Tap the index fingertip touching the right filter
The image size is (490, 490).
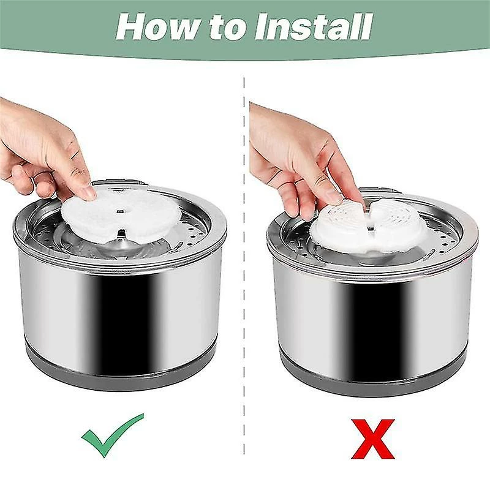[x=334, y=197]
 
